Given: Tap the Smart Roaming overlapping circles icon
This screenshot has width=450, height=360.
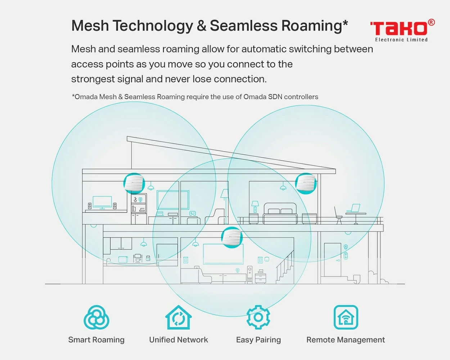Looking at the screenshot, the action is coord(96,317).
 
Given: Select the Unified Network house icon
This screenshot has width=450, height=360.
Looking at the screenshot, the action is coord(178,317).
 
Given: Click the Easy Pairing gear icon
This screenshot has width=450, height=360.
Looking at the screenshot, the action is coord(258,317).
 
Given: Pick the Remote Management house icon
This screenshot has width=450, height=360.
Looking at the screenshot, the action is coord(346,317).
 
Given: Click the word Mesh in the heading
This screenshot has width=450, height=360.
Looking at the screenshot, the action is coord(90,26).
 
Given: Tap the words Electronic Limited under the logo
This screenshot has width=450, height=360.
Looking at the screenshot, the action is coord(401,40).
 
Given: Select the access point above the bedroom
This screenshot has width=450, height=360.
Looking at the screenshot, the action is coord(306,183).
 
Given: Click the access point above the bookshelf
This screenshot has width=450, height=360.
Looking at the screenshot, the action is coord(134,183).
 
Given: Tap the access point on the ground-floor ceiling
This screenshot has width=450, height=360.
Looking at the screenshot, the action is coord(232,238).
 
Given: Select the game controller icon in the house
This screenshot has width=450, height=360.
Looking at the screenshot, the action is coord(192,213).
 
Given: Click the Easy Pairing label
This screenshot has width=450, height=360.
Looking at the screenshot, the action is coord(258,340).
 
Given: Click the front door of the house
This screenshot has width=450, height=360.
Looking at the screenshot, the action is coord(333,260).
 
